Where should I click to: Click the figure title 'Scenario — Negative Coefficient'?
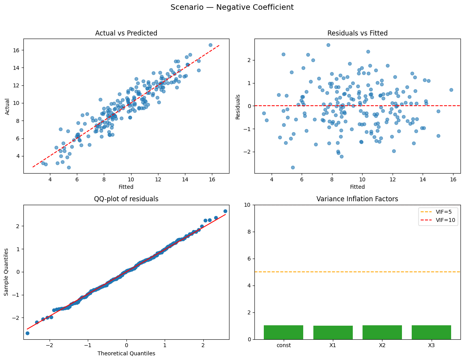point(232,7)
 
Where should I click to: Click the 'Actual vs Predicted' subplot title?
point(126,34)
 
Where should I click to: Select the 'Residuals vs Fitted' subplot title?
point(357,34)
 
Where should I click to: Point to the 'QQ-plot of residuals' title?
point(126,199)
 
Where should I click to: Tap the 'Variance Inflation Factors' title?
point(357,199)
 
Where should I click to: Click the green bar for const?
point(283,332)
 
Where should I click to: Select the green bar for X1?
point(333,332)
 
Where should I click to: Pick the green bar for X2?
point(382,332)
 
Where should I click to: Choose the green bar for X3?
point(431,332)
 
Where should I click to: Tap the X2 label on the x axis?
point(382,345)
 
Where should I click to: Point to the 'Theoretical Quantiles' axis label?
point(126,353)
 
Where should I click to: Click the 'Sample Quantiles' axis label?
point(7,272)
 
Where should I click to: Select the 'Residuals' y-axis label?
point(238,106)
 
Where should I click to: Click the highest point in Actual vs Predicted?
point(210,45)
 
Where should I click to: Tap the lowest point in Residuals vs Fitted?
point(293,167)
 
